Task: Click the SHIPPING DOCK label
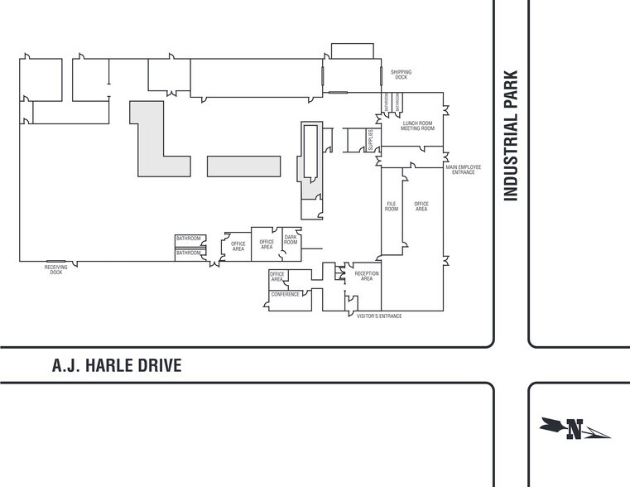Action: pos(402,75)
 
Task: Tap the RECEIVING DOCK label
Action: pos(55,269)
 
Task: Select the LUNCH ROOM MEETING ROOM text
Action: pos(418,126)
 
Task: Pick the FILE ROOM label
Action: pos(392,206)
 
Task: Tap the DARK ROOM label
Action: pos(291,240)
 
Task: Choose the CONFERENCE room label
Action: pos(286,294)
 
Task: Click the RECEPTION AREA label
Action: pos(367,276)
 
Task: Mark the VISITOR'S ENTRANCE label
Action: pos(378,316)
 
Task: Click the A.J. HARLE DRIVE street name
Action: pos(116,365)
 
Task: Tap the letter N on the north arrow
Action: pos(575,429)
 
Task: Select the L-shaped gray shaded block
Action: pos(154,149)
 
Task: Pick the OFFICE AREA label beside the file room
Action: pos(421,206)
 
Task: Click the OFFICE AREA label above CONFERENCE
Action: pos(277,277)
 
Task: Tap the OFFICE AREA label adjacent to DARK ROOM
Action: pos(267,244)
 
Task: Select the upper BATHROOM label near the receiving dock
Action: pos(189,239)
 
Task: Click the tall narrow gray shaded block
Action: pos(310,153)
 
